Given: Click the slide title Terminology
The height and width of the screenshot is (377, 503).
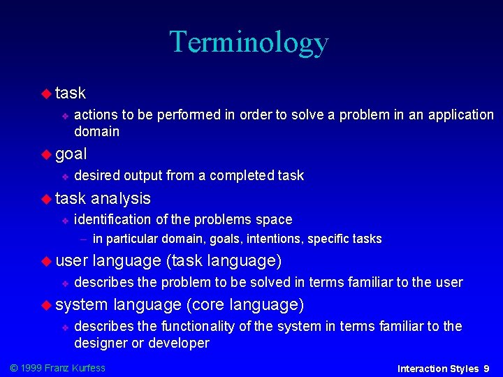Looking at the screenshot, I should point(249,42).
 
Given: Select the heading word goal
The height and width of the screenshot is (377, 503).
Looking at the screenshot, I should point(71,154).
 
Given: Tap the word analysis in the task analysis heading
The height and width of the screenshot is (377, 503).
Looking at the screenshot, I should point(121,198).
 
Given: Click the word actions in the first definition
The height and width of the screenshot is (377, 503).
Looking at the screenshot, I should point(96,114).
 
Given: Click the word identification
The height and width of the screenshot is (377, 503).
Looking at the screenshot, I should point(112,220).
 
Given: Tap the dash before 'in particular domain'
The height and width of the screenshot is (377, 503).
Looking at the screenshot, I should point(83,239).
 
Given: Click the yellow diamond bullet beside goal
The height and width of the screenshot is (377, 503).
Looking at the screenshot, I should point(47,154).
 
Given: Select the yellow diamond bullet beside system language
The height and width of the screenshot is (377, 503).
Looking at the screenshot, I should point(47,305).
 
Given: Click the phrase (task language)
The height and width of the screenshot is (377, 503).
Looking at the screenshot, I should point(224,261).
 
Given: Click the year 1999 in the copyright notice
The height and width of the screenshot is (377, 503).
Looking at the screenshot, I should point(31,367).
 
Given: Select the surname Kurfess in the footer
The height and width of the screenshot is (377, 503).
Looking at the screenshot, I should point(87,367).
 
